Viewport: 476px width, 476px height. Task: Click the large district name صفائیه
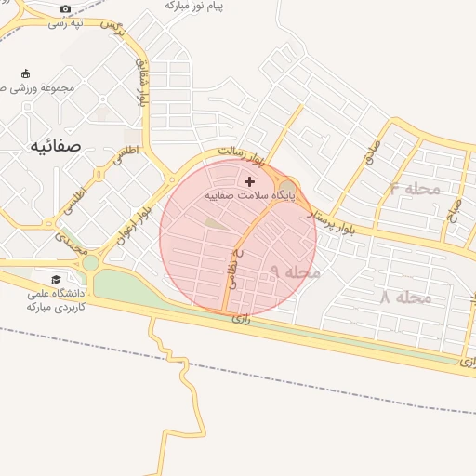coord(55,145)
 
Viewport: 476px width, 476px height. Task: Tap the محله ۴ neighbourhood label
coord(414,189)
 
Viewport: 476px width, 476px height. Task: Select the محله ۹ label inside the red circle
coord(296,271)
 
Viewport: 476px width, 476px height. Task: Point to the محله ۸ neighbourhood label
coord(405,297)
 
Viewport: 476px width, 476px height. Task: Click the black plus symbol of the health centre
coord(249,181)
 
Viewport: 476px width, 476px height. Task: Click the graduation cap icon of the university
coord(56,279)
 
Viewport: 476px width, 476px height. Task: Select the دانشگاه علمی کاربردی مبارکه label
coord(56,299)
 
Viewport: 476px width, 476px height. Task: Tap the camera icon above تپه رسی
coord(64,9)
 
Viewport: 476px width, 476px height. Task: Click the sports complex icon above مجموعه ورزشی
coord(24,73)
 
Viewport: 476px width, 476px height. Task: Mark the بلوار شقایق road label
coord(143,86)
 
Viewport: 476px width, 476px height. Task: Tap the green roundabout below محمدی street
coord(90,263)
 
